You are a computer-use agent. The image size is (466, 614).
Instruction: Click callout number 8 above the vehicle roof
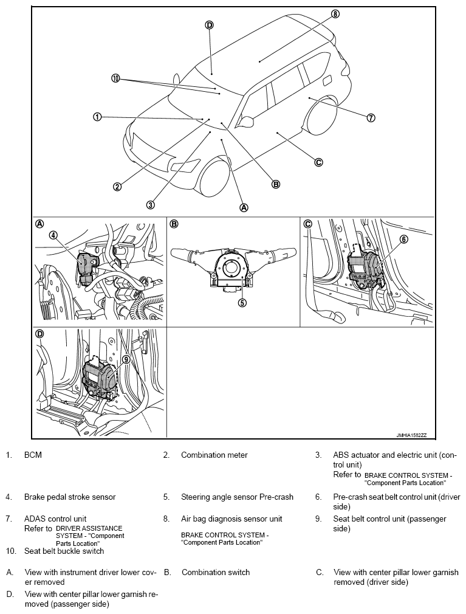tap(335, 13)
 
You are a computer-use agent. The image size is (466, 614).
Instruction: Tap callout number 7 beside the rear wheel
tap(371, 118)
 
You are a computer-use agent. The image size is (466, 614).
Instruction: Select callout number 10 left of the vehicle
tap(116, 78)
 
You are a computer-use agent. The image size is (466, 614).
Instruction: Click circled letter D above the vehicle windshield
tap(209, 25)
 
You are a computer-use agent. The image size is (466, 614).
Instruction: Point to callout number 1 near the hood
tap(97, 117)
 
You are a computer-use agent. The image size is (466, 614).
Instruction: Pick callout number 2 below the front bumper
tap(117, 187)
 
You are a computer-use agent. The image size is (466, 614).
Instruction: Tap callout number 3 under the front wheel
tap(150, 205)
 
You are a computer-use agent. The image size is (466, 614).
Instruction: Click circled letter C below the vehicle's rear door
tap(318, 162)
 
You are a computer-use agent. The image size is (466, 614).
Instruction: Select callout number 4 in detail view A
tap(53, 235)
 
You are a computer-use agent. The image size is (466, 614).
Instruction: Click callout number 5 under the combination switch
tap(242, 302)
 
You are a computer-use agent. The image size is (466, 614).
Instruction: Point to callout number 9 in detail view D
tap(126, 359)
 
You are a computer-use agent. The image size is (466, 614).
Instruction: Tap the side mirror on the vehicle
tap(246, 122)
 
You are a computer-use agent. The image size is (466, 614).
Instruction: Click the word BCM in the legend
tap(33, 455)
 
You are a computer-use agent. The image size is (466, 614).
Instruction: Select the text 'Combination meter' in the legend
tap(214, 455)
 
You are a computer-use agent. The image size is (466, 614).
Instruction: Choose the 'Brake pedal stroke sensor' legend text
tap(70, 497)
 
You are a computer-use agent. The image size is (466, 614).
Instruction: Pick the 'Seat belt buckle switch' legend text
tap(64, 551)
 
